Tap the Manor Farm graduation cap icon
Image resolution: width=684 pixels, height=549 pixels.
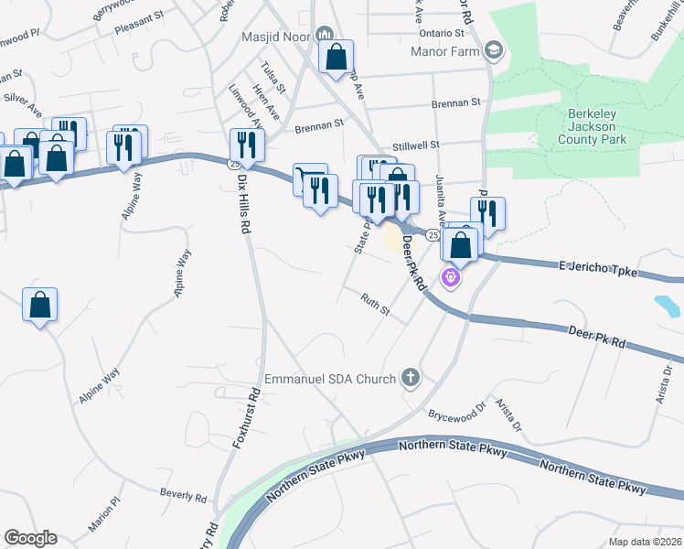coord(494,50)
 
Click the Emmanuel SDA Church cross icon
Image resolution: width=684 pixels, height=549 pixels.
coord(411,377)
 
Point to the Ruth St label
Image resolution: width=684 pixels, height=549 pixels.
coord(375,304)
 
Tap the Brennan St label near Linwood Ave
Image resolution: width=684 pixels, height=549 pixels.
coord(318,125)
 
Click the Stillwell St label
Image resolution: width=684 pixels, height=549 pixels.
coord(416,145)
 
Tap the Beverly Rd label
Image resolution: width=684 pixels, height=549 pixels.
coord(184,495)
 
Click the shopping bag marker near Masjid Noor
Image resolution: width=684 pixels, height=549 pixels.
coord(336,57)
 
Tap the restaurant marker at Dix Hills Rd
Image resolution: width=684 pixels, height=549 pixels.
coord(246,144)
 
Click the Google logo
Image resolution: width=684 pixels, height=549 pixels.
coord(30,538)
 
